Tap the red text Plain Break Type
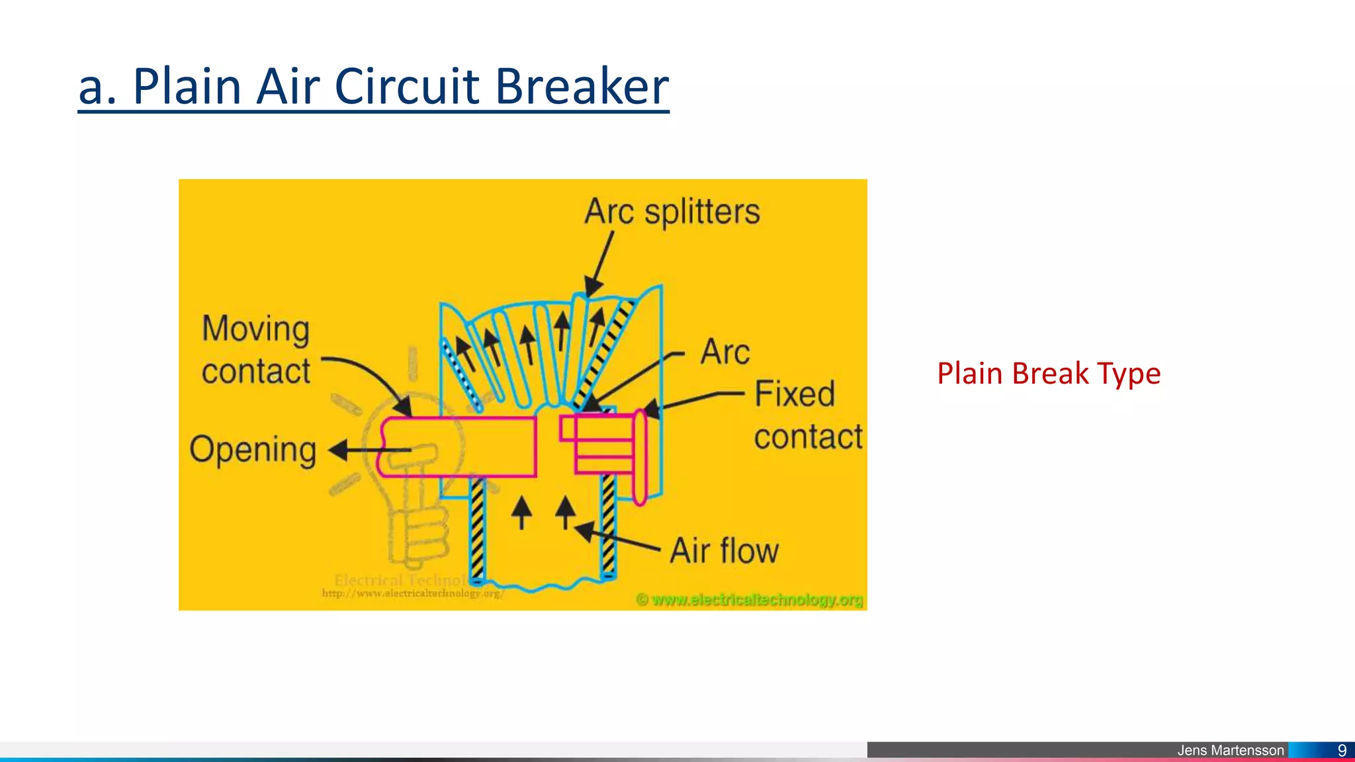1049,374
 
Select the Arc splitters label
672,212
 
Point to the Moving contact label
256,350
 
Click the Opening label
253,450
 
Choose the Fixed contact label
807,415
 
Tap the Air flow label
724,551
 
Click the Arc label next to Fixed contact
725,352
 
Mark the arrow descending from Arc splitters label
601,262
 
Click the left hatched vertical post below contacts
477,529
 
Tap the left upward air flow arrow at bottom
522,513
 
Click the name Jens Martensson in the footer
1230,750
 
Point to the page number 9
1342,750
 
